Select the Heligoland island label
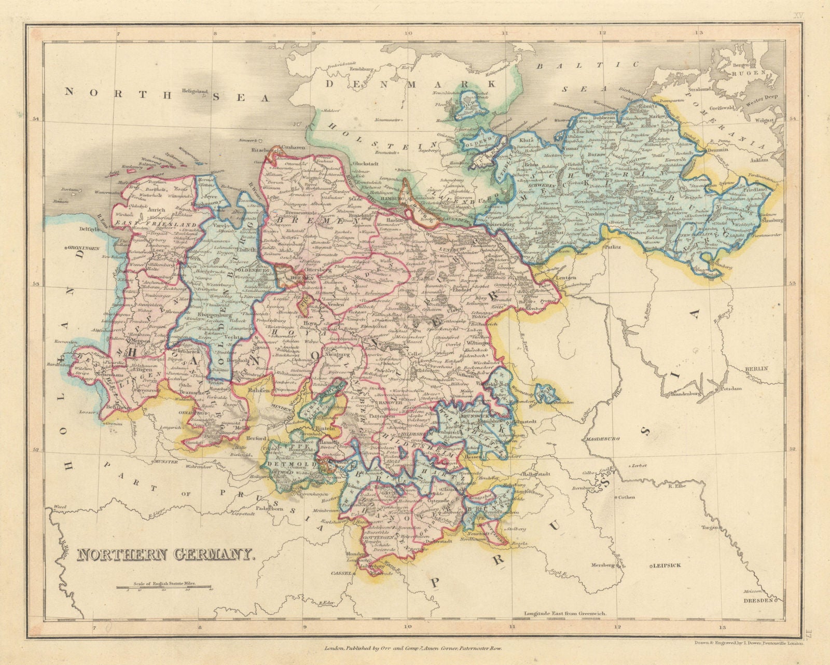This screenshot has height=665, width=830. tap(195, 91)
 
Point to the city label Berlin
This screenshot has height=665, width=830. tap(756, 368)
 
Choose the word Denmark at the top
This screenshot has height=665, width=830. tap(410, 83)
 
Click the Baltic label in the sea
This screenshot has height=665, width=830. tap(586, 66)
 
